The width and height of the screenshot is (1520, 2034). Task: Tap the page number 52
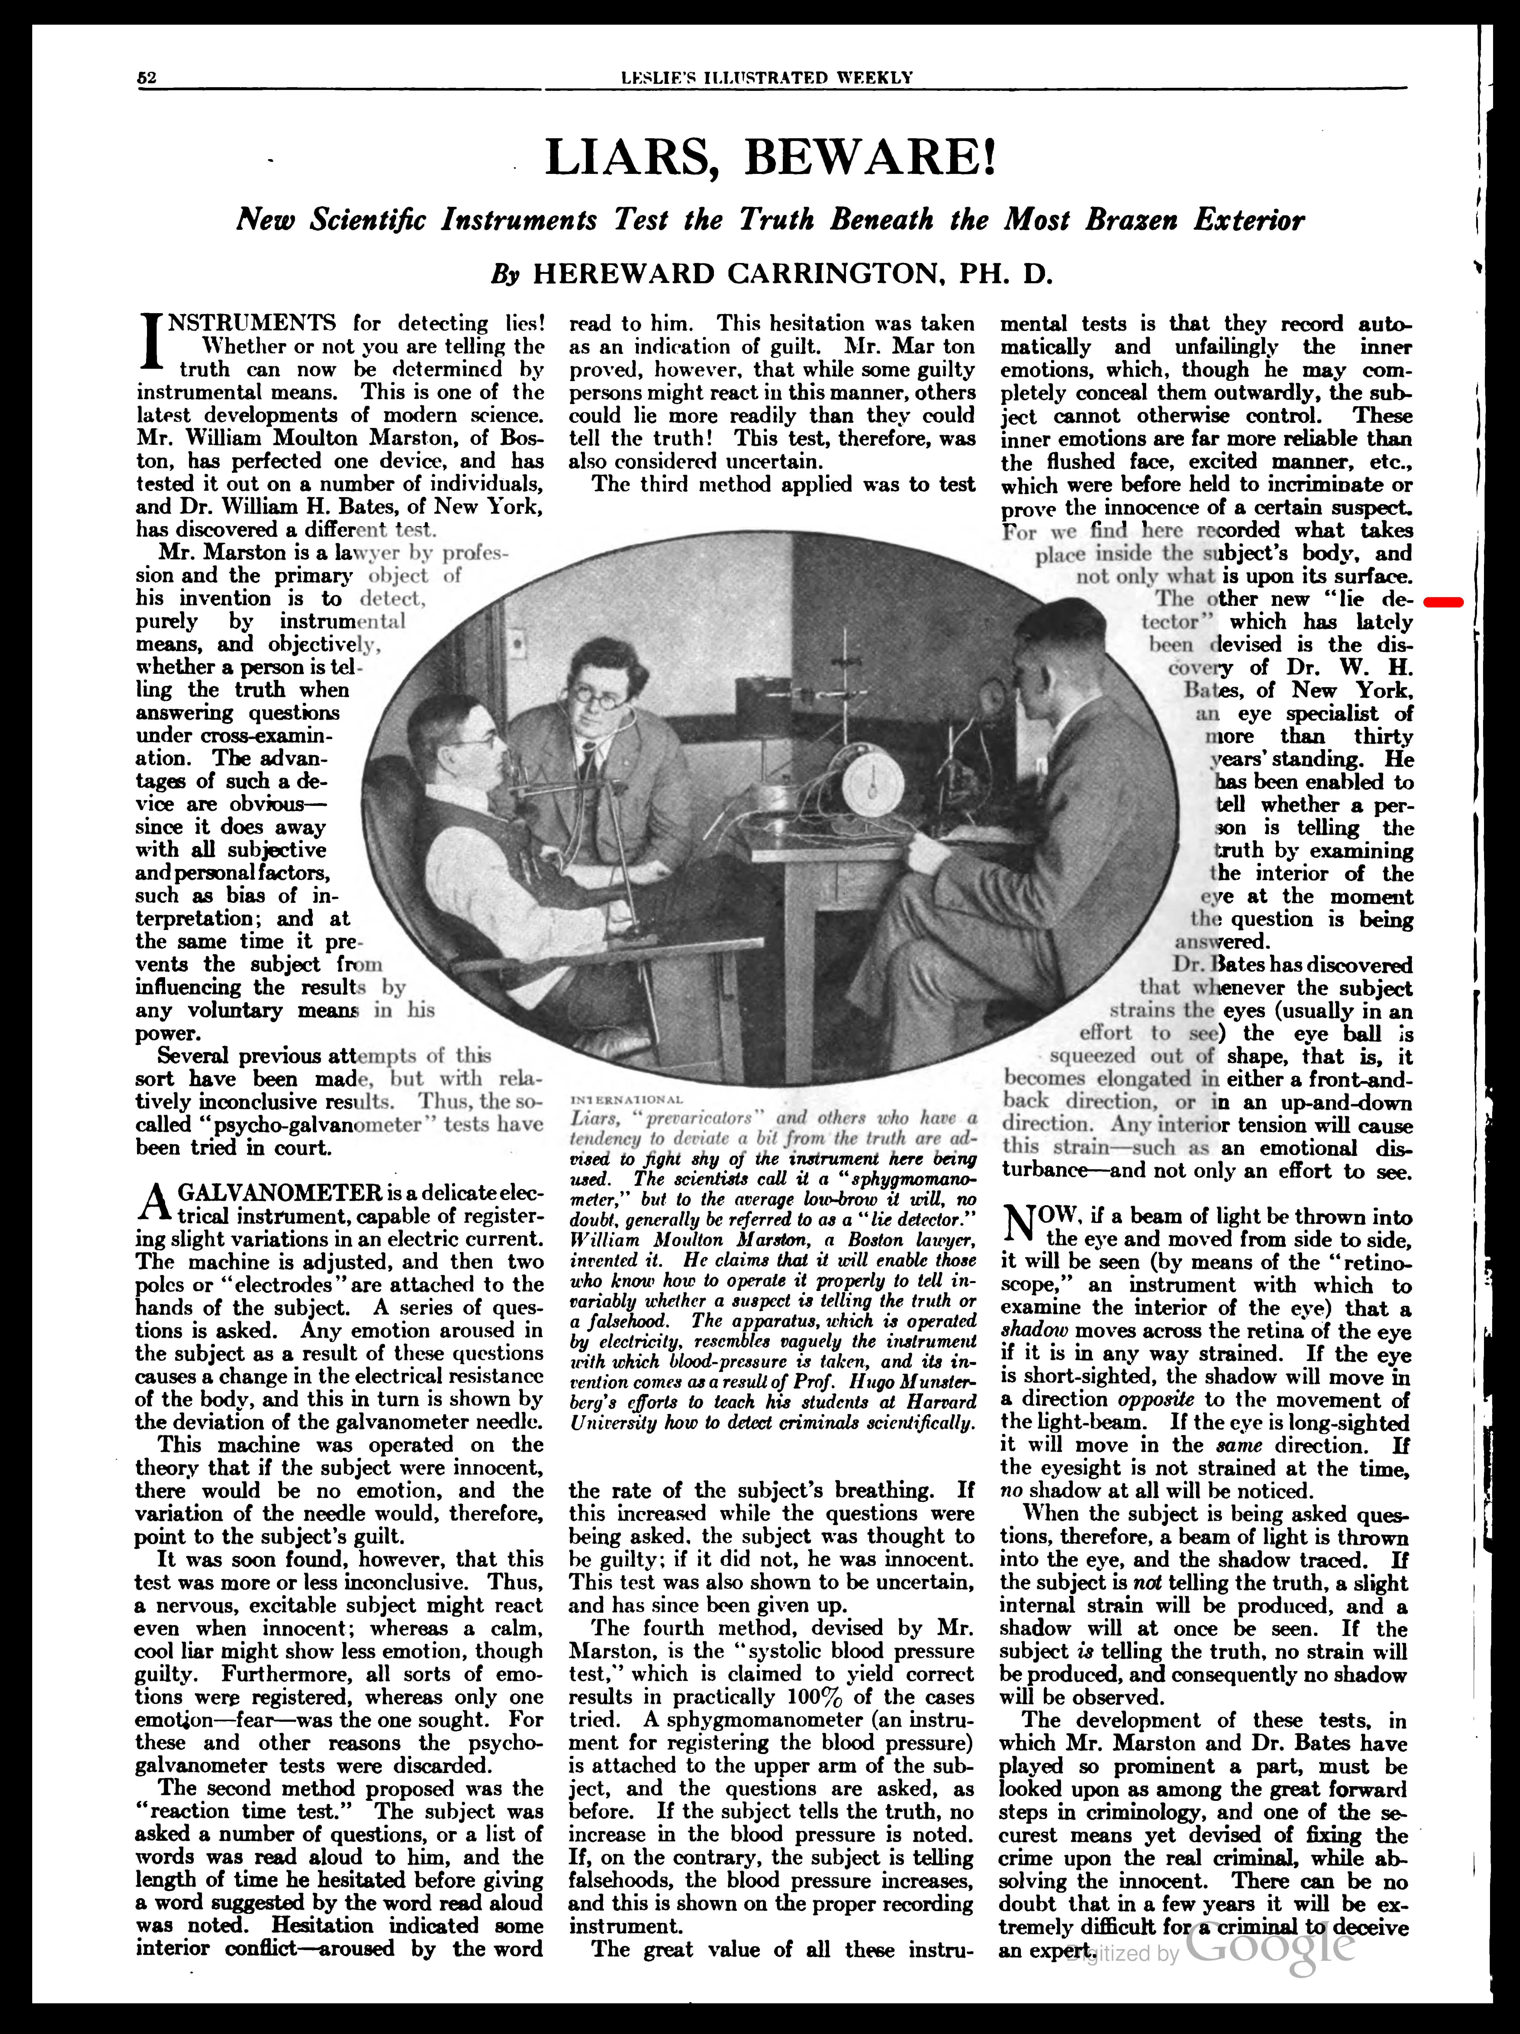click(147, 78)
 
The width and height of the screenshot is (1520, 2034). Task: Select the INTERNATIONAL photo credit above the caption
click(626, 1100)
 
